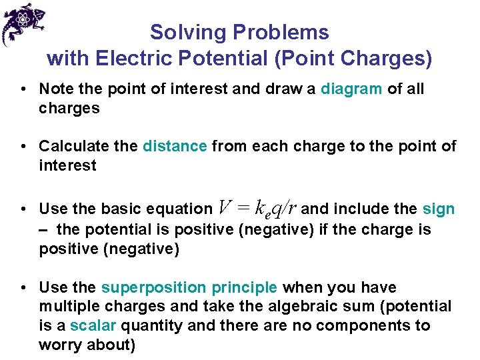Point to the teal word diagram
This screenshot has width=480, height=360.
coord(352,89)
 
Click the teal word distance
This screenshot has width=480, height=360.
coord(175,146)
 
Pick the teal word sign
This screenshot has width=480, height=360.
coord(439,209)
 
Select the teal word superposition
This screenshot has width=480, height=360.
coord(154,287)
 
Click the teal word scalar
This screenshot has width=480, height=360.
coord(93,325)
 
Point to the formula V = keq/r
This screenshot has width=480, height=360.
coord(258,209)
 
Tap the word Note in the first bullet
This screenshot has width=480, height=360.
coord(55,89)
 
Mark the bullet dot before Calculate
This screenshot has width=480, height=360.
coord(23,147)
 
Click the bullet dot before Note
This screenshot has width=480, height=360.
coord(23,89)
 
